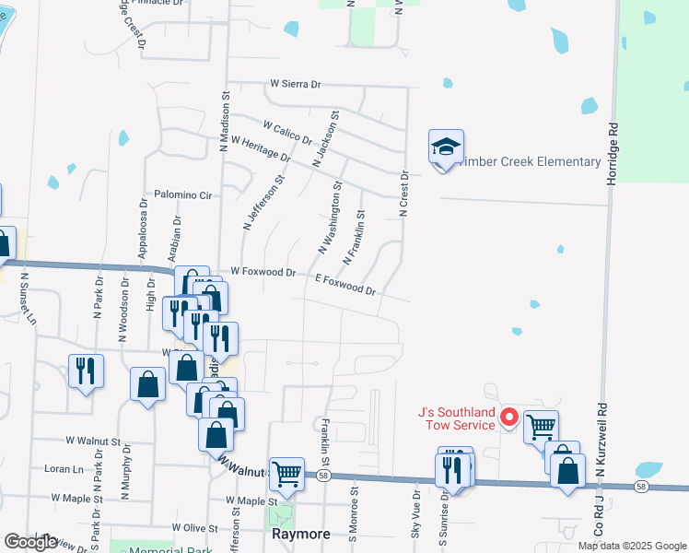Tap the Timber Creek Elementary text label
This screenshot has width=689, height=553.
pos(533,162)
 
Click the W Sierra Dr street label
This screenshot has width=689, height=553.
pos(295,84)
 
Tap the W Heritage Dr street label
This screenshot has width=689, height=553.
pos(262,149)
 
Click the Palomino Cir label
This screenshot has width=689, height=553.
pos(183,195)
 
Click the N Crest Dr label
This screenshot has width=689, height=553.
pos(403,193)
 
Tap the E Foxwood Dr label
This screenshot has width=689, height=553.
pos(345,284)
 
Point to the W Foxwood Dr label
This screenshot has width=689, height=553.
pos(263,272)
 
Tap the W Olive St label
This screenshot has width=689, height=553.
pos(193,529)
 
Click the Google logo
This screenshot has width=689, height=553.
pos(30,542)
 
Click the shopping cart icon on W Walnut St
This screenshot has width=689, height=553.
pos(286,474)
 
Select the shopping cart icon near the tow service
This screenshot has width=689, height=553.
pos(541,426)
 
